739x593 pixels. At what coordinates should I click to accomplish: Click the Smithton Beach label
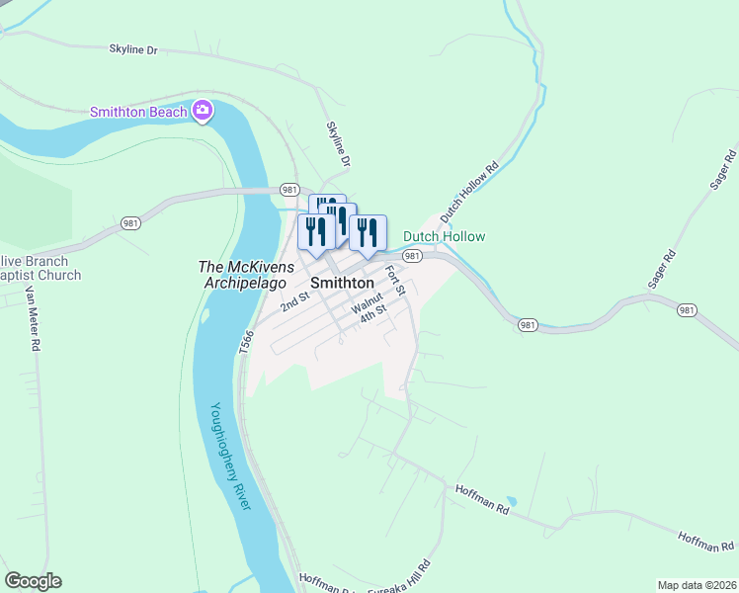click(138, 112)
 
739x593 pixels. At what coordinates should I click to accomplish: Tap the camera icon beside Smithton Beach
click(203, 110)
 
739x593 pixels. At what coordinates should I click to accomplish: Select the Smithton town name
click(342, 283)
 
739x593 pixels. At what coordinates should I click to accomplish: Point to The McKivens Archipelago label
click(246, 274)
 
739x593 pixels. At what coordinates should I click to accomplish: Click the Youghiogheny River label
click(230, 455)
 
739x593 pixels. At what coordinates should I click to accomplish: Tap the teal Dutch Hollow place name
click(444, 237)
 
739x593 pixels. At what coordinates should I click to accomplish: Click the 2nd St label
click(294, 300)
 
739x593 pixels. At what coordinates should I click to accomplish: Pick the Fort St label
click(395, 281)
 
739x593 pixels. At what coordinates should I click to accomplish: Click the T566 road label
click(246, 342)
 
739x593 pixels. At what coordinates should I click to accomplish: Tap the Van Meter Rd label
click(32, 319)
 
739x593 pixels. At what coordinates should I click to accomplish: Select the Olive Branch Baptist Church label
click(40, 268)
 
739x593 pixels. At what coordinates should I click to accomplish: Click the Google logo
click(33, 581)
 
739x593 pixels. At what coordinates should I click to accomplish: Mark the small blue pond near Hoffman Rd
click(509, 501)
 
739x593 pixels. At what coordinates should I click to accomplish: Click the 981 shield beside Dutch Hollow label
click(413, 255)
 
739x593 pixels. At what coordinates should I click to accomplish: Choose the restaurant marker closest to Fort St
click(368, 233)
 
